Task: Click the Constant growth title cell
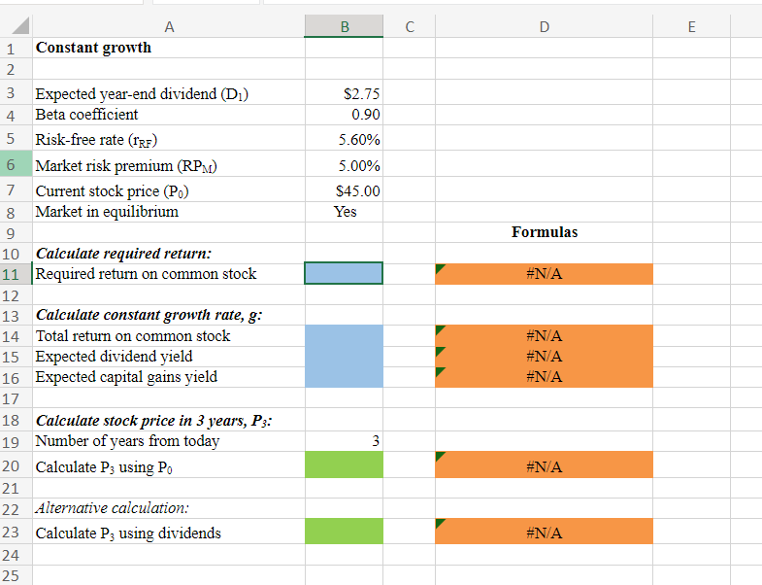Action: click(x=93, y=47)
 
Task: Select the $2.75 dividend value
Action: click(x=362, y=94)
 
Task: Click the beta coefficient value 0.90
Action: click(x=365, y=115)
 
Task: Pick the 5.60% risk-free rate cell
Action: click(x=359, y=140)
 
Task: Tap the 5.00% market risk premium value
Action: click(x=359, y=166)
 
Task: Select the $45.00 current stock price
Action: click(x=357, y=191)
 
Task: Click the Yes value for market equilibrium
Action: click(x=345, y=211)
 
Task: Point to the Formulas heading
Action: click(x=544, y=232)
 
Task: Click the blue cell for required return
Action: click(x=344, y=273)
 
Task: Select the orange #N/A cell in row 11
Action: click(x=544, y=273)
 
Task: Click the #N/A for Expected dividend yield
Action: click(x=544, y=356)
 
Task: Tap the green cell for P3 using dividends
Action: click(x=344, y=532)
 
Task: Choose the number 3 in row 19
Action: click(x=375, y=441)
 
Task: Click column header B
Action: click(x=344, y=27)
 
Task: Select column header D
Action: click(x=544, y=27)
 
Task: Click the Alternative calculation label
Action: click(x=112, y=508)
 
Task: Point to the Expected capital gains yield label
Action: click(x=126, y=376)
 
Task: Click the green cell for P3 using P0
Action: click(x=344, y=466)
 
